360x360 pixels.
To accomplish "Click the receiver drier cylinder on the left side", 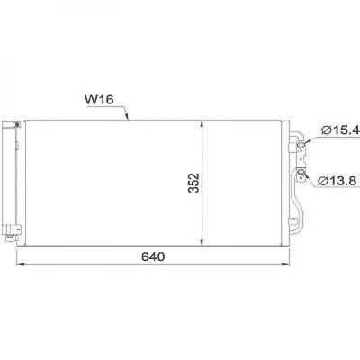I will pyautogui.click(x=9, y=180).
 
